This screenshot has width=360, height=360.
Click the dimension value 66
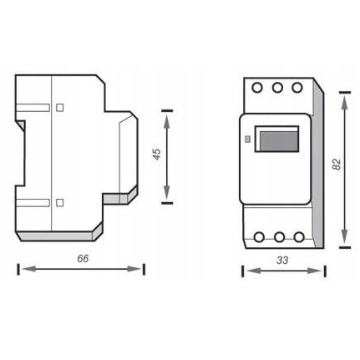pos(82,258)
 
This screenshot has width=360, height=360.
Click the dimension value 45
pos(156,155)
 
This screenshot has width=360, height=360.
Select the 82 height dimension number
pos(336,165)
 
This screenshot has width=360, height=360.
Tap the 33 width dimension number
pos(281,261)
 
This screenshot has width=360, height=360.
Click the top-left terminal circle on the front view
pos(258,88)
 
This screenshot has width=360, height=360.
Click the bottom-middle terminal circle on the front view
pos(278,237)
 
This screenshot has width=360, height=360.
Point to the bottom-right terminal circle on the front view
pos(297,237)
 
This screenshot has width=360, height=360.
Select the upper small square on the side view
pos(59,107)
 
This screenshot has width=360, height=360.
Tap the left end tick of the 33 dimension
pos(243,271)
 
